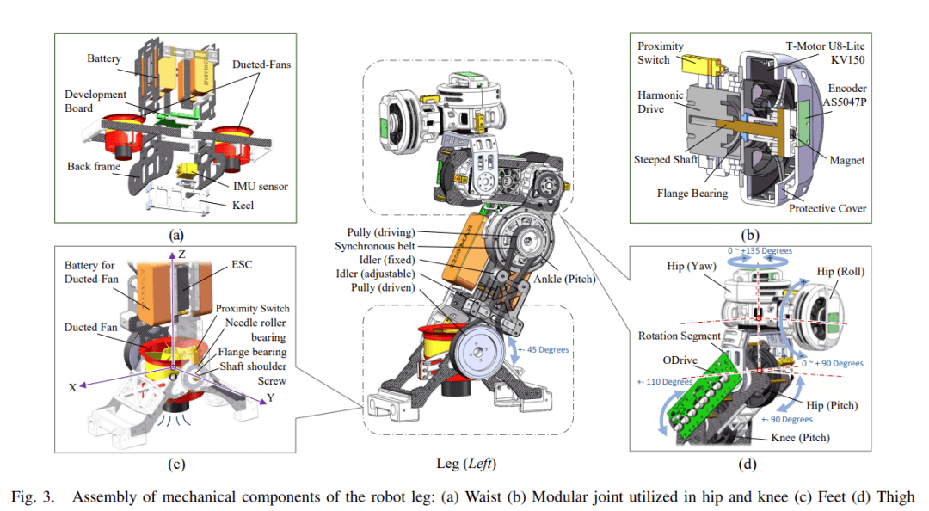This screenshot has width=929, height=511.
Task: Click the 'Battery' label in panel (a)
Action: tap(104, 59)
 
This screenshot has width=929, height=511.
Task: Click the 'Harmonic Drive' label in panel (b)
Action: tap(661, 102)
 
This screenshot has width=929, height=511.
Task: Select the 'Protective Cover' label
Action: tap(827, 208)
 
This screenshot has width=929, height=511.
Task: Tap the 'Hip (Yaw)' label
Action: tap(688, 268)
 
